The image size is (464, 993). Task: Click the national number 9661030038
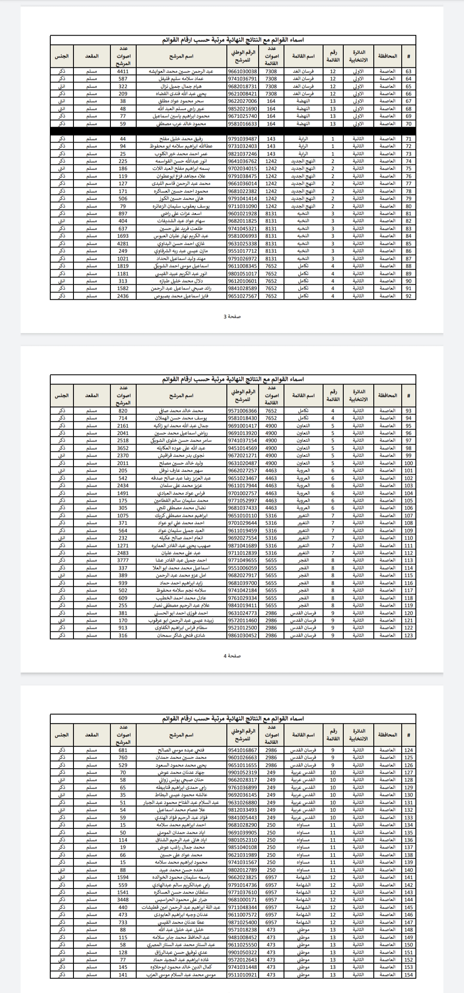click(242, 71)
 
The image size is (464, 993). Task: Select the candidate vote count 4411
click(123, 71)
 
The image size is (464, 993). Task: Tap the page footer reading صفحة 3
click(232, 317)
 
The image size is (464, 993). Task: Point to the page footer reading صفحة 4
click(232, 656)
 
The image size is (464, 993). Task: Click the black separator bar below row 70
click(233, 131)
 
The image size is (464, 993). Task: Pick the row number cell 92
click(408, 296)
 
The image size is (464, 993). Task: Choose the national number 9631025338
click(242, 244)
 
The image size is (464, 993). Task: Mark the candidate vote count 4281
click(123, 244)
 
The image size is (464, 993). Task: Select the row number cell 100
click(408, 463)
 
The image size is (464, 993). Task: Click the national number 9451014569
click(242, 448)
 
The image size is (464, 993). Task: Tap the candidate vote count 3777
click(123, 560)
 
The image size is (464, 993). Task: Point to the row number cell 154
click(408, 975)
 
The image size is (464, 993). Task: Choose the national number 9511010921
click(242, 975)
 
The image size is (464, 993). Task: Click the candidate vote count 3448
click(123, 899)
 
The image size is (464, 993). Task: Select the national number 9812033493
click(242, 810)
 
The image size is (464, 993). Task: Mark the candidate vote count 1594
click(123, 877)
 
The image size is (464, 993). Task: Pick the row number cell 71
click(408, 139)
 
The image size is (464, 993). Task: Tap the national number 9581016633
click(242, 124)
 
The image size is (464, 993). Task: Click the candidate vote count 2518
click(123, 440)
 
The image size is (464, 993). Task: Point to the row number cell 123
click(408, 635)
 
